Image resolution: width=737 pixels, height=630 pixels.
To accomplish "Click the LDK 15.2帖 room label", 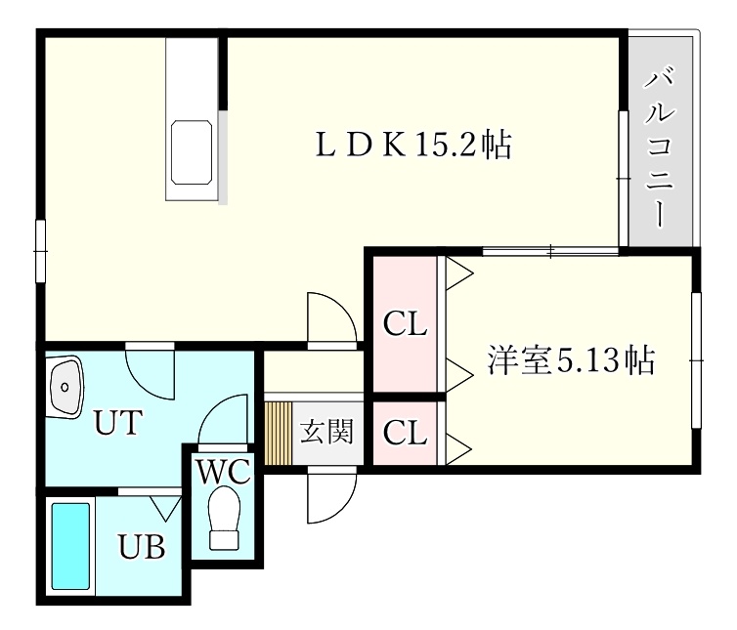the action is (x=414, y=145).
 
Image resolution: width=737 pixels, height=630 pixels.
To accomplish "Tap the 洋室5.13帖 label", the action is (x=571, y=360).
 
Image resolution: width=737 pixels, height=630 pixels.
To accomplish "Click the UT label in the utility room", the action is (x=118, y=422).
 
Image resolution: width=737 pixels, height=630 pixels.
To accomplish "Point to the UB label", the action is (x=141, y=546).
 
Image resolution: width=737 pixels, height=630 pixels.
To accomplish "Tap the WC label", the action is (x=223, y=471).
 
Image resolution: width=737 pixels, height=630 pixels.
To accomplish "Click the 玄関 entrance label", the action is (x=326, y=431).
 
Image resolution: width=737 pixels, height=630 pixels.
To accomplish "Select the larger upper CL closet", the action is (x=406, y=324).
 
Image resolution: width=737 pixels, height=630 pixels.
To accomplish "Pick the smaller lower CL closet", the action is (x=406, y=433).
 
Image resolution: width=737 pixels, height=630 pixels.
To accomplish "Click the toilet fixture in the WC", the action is (x=224, y=518).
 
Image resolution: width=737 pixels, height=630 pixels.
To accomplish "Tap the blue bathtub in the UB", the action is (x=70, y=546).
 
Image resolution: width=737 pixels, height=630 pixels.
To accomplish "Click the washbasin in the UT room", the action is (x=65, y=386).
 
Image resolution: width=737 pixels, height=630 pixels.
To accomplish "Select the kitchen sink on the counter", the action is (x=192, y=151).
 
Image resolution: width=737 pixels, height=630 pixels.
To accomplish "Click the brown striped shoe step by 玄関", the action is (x=279, y=433).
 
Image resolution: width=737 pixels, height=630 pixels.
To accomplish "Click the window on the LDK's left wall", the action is (x=41, y=251).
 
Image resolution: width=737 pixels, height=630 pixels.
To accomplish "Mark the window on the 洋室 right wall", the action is (x=697, y=360).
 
